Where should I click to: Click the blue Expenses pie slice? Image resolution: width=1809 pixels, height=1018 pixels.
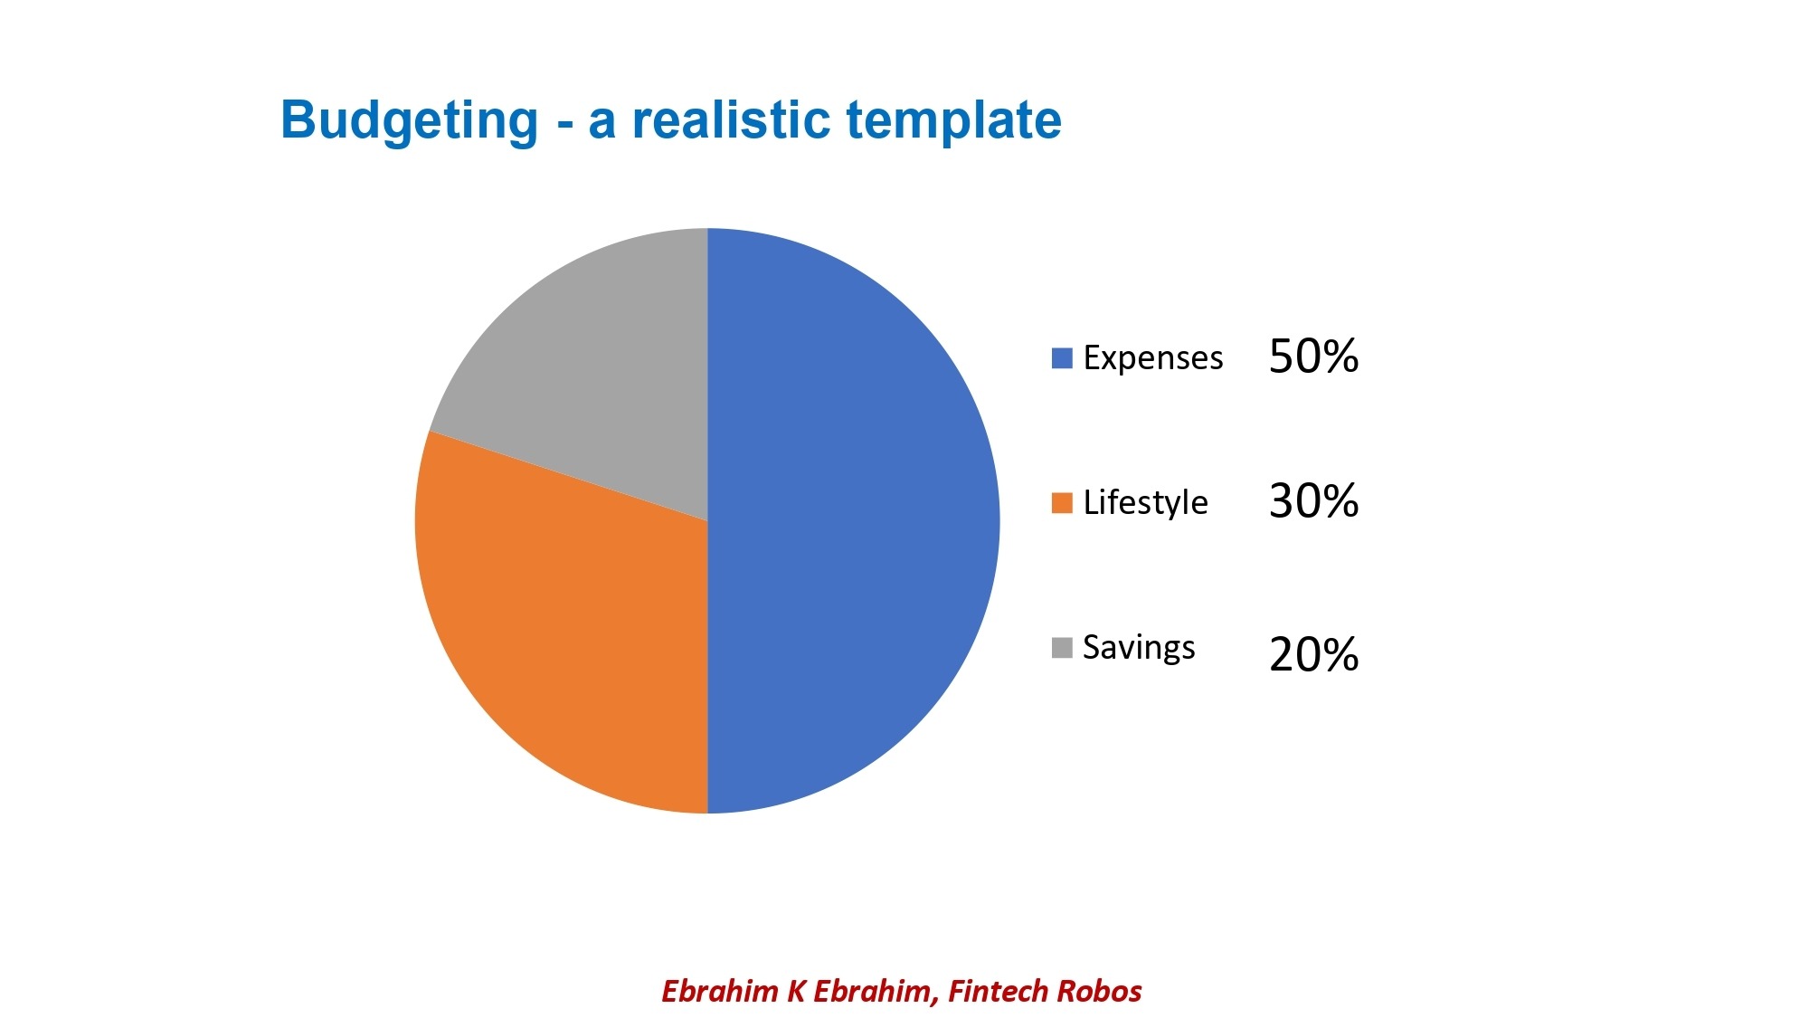850,520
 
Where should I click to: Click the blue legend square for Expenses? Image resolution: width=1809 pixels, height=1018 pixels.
1062,358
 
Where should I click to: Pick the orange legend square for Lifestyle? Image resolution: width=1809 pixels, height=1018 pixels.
1062,503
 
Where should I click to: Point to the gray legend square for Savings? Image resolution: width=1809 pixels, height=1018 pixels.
1062,648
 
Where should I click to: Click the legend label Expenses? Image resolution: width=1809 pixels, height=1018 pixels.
1153,358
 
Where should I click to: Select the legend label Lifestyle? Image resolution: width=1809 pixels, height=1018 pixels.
1145,502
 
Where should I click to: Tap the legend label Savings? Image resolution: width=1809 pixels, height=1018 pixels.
1139,648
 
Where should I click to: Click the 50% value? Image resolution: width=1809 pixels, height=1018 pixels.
1313,356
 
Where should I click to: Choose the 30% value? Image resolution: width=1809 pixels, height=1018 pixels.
1313,500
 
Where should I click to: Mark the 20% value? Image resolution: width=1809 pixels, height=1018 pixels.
1313,654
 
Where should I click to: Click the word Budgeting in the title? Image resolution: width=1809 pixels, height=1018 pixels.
410,121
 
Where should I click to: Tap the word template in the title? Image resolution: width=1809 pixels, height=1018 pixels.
954,121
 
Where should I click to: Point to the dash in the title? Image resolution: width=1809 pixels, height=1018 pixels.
565,125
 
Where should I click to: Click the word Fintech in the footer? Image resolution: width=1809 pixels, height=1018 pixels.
998,991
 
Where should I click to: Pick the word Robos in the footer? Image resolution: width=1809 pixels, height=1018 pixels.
1099,991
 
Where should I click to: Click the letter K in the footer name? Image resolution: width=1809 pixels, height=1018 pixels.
796,991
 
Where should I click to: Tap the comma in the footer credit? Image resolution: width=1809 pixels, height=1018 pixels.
935,1002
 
